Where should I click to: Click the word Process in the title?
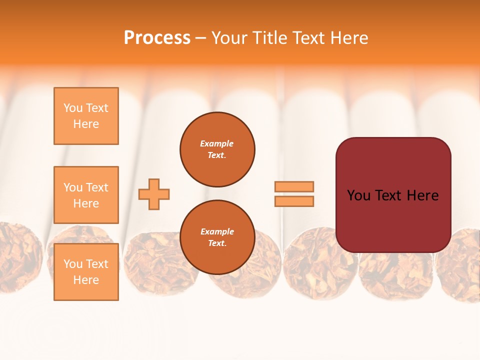[157, 38]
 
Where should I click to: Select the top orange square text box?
[86, 116]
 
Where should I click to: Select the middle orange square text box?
[86, 195]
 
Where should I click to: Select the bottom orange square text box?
[86, 271]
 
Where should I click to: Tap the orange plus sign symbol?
[154, 194]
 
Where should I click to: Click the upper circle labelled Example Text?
[217, 149]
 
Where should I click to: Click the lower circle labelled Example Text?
[217, 237]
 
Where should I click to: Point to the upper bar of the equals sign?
[294, 186]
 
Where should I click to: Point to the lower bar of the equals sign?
[294, 201]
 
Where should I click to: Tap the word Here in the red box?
[422, 195]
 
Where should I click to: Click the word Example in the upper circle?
[217, 143]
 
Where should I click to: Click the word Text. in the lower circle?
[217, 243]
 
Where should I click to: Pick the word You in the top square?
[73, 108]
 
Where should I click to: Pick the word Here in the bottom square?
[86, 280]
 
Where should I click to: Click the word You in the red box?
[358, 195]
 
